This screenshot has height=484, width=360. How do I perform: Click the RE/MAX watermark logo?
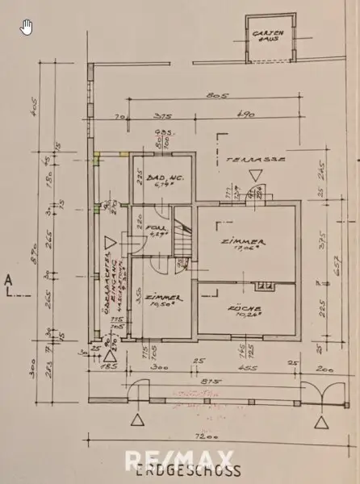[x=180, y=461]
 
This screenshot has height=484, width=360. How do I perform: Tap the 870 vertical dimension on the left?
[x=46, y=253]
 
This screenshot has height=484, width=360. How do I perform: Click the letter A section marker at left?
[x=7, y=280]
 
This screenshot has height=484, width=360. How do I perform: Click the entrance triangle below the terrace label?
[x=255, y=175]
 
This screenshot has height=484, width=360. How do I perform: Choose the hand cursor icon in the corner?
[x=26, y=27]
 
